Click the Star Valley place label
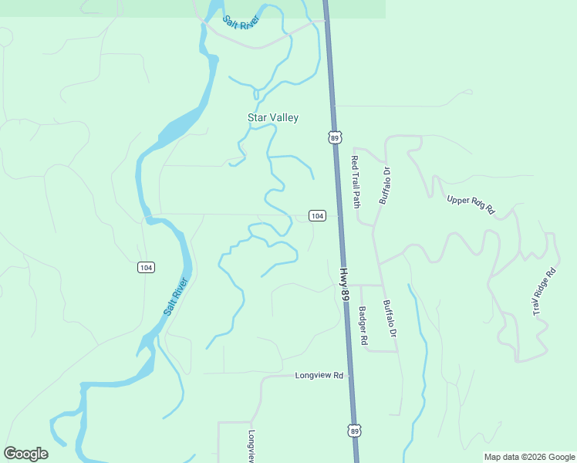(x=272, y=118)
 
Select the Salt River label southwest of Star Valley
(x=176, y=296)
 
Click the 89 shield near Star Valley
(x=333, y=137)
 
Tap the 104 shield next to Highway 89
(x=316, y=215)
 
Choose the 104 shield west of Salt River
(x=147, y=267)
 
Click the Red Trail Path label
(x=356, y=183)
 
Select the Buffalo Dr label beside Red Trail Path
(x=386, y=186)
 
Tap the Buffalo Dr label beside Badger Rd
(x=390, y=319)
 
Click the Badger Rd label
(x=363, y=326)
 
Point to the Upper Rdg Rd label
(x=471, y=204)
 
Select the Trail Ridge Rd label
(x=544, y=292)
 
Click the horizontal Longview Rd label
(x=319, y=376)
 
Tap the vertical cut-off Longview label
(x=251, y=446)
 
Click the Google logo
(x=25, y=454)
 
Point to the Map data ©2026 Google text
(x=529, y=457)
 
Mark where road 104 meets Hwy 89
(x=337, y=215)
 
